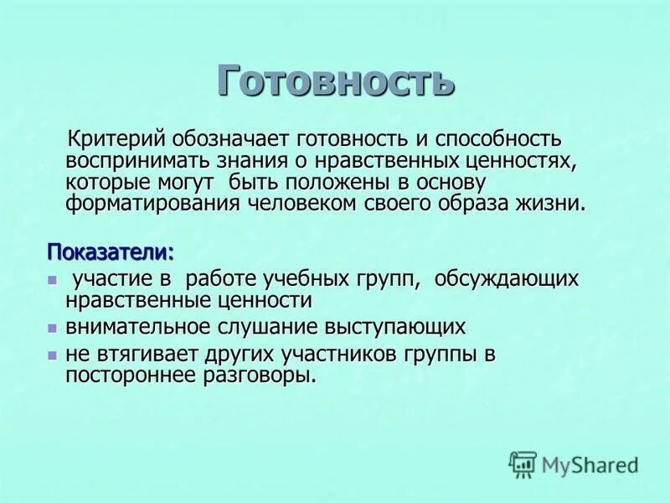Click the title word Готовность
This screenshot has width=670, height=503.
335,82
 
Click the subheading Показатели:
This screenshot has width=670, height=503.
111,251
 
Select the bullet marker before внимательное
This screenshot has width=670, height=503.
52,327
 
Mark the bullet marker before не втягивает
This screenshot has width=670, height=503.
52,355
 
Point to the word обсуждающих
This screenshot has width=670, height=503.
506,277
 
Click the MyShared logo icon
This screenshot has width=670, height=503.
523,464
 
